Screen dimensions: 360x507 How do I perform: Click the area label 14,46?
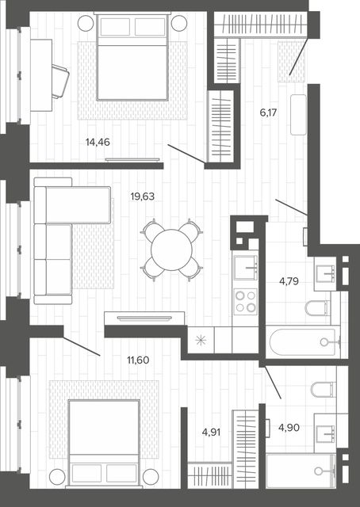click(x=98, y=143)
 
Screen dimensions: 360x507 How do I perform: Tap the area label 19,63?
click(x=143, y=196)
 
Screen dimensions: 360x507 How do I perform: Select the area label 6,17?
click(x=268, y=112)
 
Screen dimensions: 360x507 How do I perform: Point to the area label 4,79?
click(x=289, y=281)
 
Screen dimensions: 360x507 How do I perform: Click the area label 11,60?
click(x=138, y=360)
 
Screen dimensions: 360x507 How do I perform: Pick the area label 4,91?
click(x=211, y=433)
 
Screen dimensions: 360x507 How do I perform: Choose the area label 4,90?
click(x=289, y=428)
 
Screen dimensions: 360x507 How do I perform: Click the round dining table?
click(x=171, y=250)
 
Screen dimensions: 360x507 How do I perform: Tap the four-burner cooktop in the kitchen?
click(x=246, y=301)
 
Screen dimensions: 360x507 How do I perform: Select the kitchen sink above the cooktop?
click(x=246, y=268)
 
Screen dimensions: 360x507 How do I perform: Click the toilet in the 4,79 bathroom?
click(x=317, y=308)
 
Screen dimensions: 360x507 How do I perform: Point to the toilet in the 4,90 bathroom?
click(x=323, y=389)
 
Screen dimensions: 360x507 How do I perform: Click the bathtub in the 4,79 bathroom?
click(x=303, y=341)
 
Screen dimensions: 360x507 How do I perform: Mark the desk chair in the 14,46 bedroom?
click(x=60, y=81)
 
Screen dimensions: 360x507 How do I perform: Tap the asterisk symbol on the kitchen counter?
click(x=201, y=341)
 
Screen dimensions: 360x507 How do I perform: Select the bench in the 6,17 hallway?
click(x=298, y=114)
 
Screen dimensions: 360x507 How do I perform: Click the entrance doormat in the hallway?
click(x=291, y=62)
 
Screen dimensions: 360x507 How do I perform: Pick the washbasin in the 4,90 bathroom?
click(x=325, y=433)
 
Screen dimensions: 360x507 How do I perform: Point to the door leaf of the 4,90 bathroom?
click(x=273, y=382)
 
